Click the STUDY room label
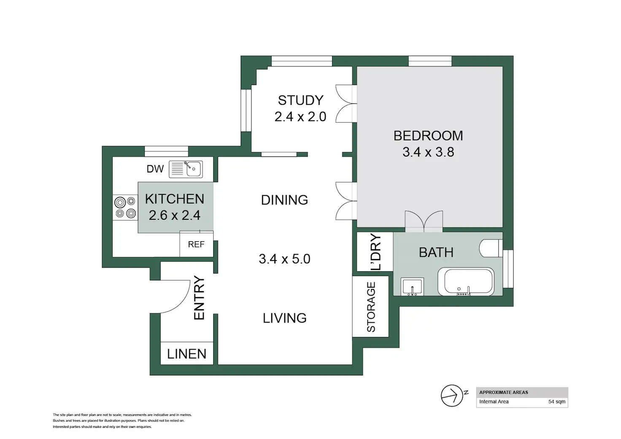tap(300, 100)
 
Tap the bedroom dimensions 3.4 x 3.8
tap(428, 152)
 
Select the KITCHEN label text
tap(175, 199)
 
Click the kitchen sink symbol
tap(186, 169)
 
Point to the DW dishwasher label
tap(155, 169)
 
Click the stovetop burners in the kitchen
tap(125, 207)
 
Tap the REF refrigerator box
tap(196, 244)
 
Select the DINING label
tap(284, 200)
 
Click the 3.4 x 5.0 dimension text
tap(284, 259)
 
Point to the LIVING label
tap(285, 318)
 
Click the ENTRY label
tap(199, 298)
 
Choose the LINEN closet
tap(187, 353)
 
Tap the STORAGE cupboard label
tap(371, 307)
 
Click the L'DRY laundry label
tap(376, 252)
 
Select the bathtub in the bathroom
tap(466, 282)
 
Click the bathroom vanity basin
tap(412, 287)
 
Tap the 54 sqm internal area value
tap(557, 401)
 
